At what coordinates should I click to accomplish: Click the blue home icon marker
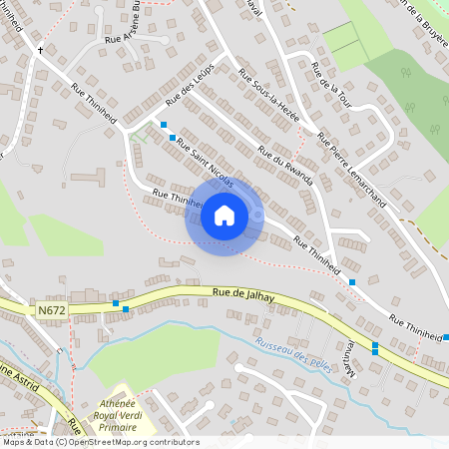click(224, 216)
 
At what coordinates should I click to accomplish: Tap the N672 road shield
click(53, 311)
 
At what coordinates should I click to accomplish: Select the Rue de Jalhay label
click(243, 292)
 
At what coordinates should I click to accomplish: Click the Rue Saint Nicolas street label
click(205, 163)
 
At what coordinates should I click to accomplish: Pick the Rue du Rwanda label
click(285, 166)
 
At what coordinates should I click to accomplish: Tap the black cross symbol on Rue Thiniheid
click(40, 49)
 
